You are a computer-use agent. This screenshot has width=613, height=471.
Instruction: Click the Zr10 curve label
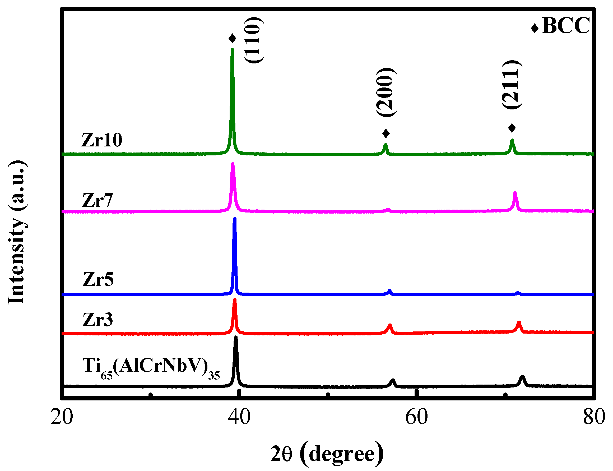[x=102, y=140]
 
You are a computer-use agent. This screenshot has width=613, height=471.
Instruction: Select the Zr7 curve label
[x=97, y=200]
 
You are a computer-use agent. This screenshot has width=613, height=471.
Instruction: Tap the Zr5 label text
[x=98, y=280]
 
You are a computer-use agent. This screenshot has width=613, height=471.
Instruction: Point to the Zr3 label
[x=97, y=320]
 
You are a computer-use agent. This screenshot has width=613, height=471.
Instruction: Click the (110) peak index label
[x=254, y=40]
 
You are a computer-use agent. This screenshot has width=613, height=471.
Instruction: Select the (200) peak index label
[x=386, y=92]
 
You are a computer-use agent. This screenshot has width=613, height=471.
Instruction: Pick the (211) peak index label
[x=512, y=84]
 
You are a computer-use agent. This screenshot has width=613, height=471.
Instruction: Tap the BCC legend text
[x=566, y=26]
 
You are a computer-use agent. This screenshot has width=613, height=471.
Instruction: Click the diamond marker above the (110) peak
[x=232, y=38]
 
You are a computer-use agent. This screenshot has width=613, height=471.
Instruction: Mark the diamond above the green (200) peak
[x=386, y=133]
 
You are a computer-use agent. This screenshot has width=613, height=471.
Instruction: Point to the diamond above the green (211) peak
[x=512, y=128]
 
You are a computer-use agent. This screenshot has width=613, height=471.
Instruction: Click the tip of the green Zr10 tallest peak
[x=232, y=50]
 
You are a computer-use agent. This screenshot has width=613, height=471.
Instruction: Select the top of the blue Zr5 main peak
[x=235, y=219]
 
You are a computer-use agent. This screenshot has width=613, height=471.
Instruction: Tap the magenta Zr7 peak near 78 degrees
[x=515, y=193]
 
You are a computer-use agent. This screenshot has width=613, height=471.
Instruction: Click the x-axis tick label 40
[x=239, y=417]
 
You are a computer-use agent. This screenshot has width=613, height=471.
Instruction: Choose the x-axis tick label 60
[x=416, y=417]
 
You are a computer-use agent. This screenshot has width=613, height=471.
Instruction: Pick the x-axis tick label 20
[x=62, y=417]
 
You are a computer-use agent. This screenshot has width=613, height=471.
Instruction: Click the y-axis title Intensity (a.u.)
[x=17, y=232]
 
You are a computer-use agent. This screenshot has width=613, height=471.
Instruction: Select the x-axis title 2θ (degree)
[x=327, y=454]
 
